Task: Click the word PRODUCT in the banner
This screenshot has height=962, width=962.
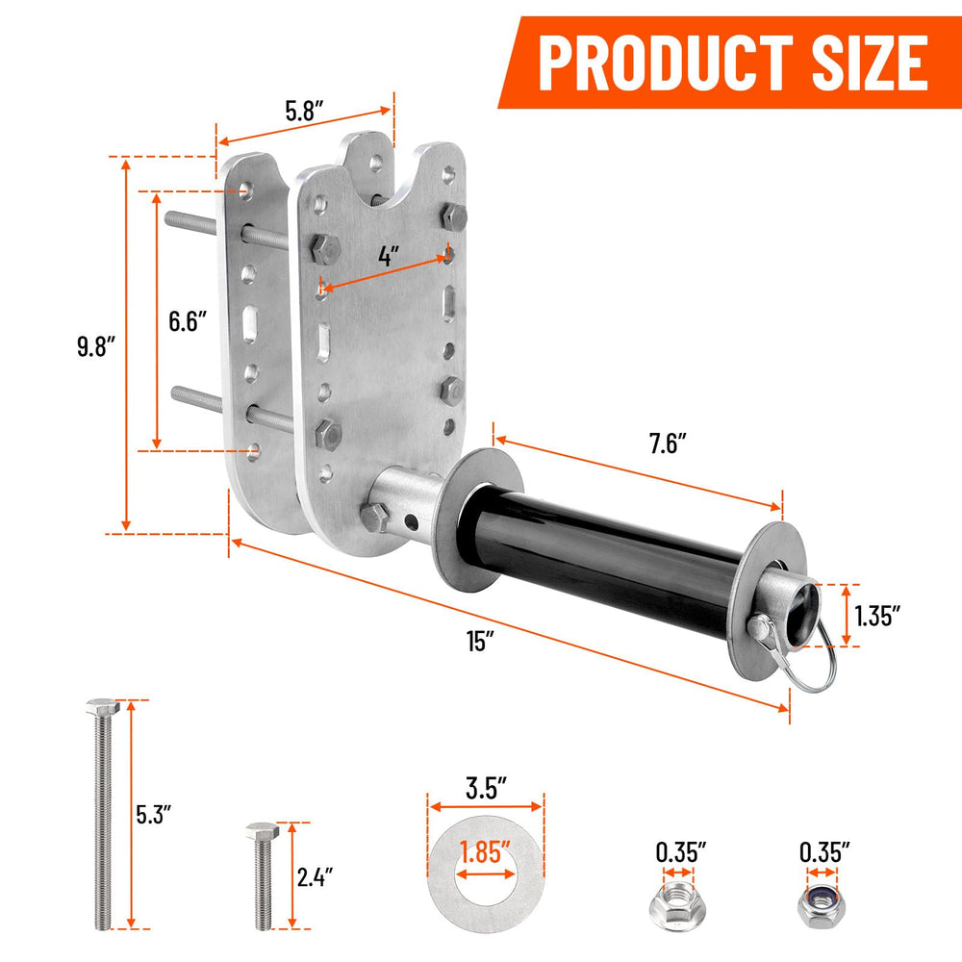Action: coord(665,63)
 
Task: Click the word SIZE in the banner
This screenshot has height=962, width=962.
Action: coord(870,63)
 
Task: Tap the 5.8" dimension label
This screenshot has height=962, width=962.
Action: coord(304,111)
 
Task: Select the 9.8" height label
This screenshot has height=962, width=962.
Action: coord(96,346)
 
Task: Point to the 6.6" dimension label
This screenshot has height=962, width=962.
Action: coord(188,321)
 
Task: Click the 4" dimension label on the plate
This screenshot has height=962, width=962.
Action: coord(389,255)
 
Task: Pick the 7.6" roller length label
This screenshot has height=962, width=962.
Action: coord(669,443)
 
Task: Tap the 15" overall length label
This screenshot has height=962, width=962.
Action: coord(480,641)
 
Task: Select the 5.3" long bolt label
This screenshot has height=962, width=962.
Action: coord(153,814)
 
